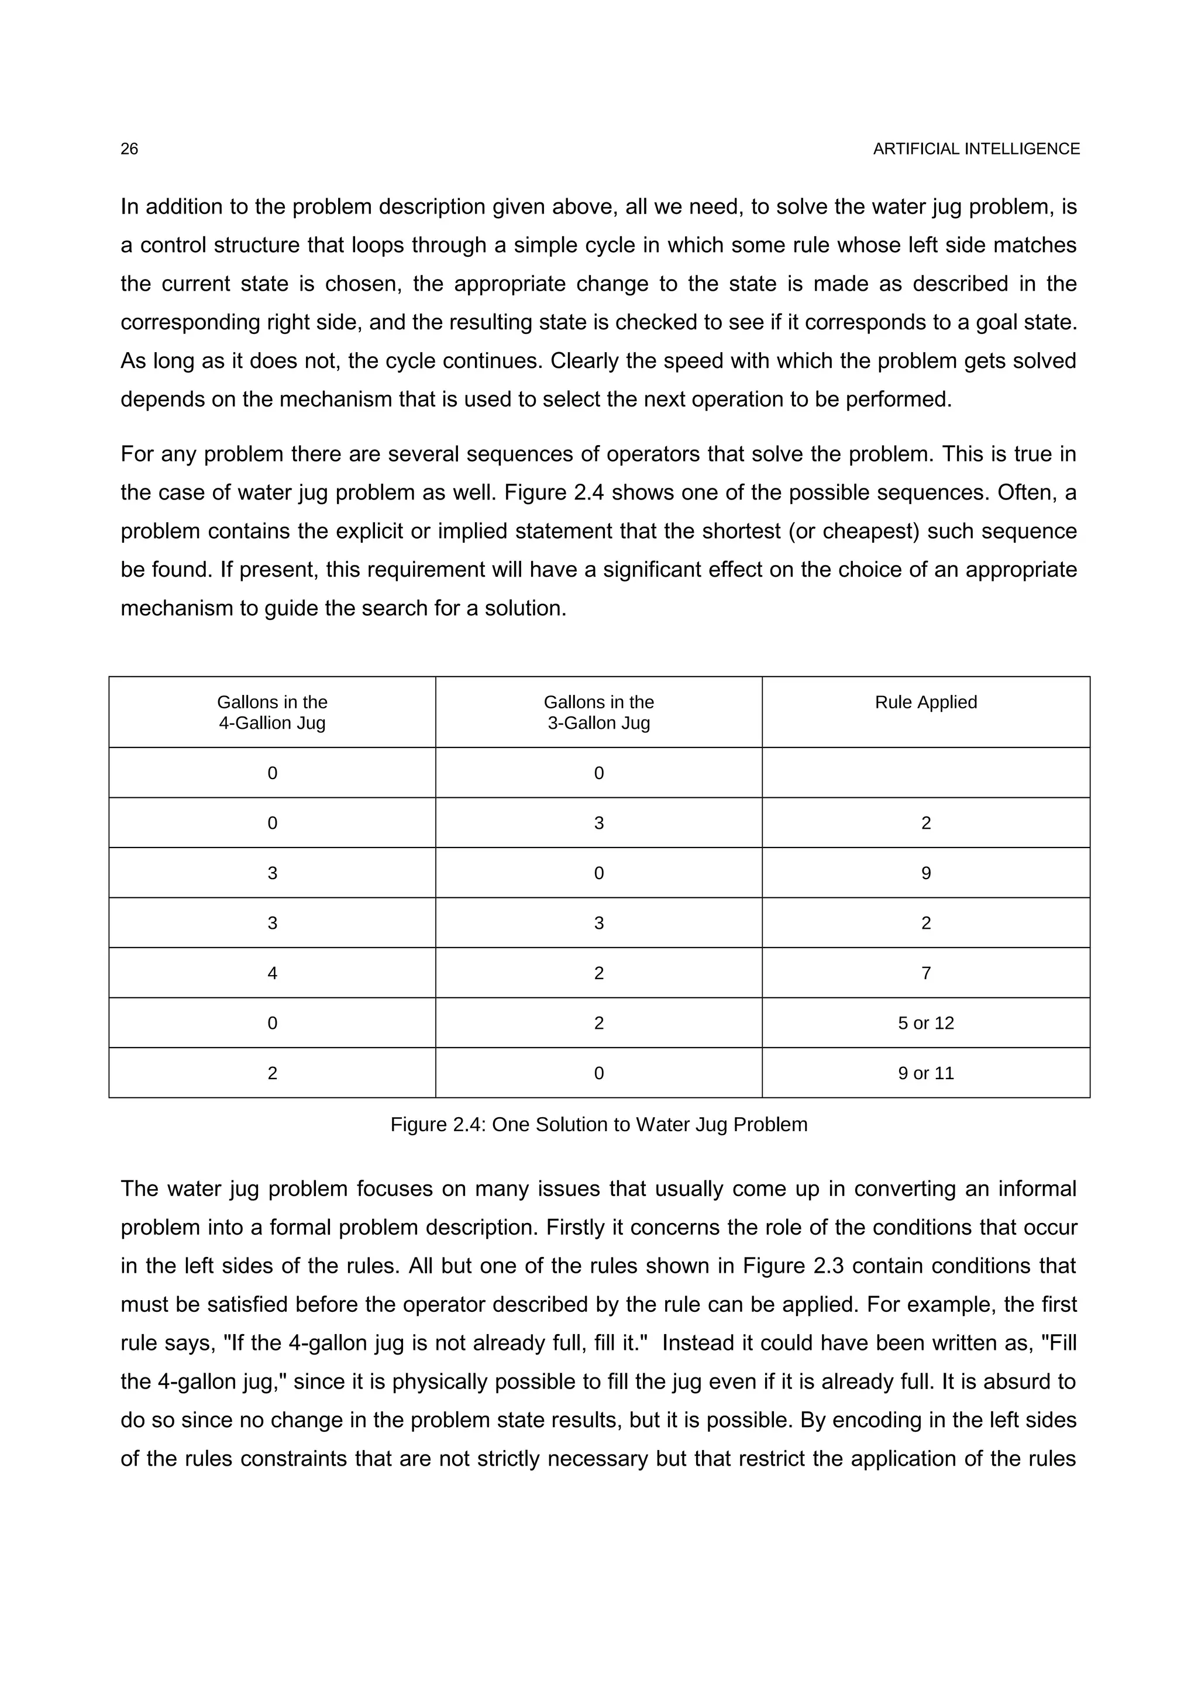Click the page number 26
pos(129,149)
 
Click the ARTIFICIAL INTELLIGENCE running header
pos(976,149)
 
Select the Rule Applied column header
pos(925,702)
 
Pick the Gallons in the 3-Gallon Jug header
pos(598,712)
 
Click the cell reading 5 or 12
pos(925,1023)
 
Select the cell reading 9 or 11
pos(925,1073)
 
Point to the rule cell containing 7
pos(925,973)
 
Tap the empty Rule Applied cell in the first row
pos(925,773)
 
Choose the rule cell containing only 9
pos(925,873)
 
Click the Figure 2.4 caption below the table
pos(598,1124)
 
